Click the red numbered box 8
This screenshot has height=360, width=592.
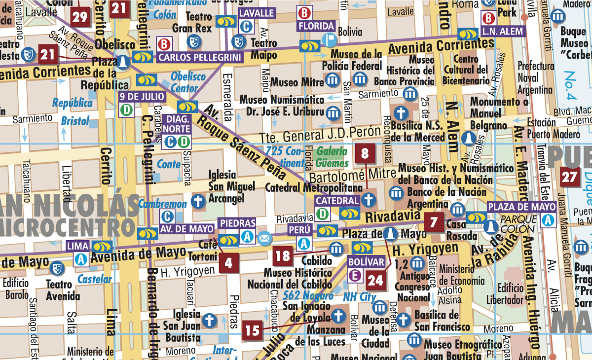click(365, 154)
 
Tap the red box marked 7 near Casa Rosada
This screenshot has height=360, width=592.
click(434, 222)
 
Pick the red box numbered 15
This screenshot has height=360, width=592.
click(252, 330)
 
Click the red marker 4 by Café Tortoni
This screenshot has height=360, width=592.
click(228, 262)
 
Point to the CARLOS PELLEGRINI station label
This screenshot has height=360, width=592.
click(200, 57)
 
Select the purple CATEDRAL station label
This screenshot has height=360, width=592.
click(337, 201)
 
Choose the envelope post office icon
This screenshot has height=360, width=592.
click(264, 238)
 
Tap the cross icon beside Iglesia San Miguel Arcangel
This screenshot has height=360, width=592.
click(198, 201)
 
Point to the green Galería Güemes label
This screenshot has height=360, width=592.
click(332, 156)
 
